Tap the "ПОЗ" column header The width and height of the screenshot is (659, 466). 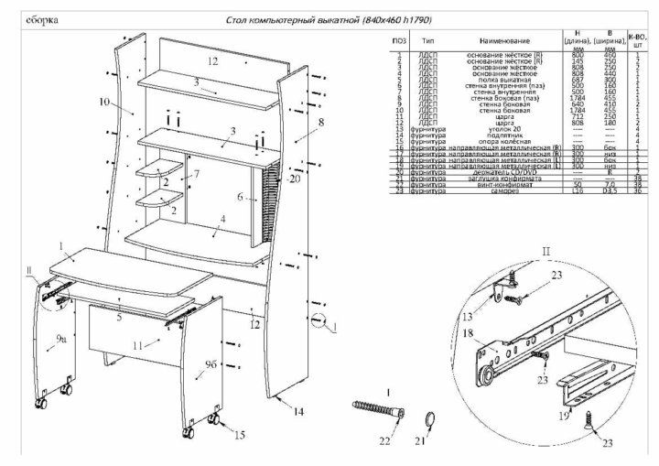pyautogui.click(x=399, y=41)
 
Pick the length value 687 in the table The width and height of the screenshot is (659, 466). pyautogui.click(x=578, y=80)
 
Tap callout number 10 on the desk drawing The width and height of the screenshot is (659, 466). pyautogui.click(x=103, y=102)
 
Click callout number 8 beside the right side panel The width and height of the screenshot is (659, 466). pyautogui.click(x=321, y=121)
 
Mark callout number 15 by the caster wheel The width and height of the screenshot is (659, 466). pyautogui.click(x=241, y=435)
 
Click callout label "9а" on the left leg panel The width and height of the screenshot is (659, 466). pyautogui.click(x=60, y=340)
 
